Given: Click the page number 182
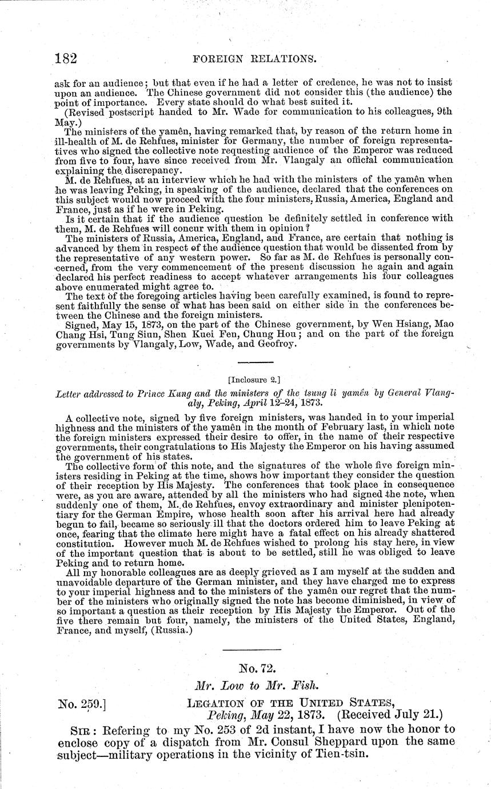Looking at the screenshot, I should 66,58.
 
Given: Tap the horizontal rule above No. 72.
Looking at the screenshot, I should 251,649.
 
